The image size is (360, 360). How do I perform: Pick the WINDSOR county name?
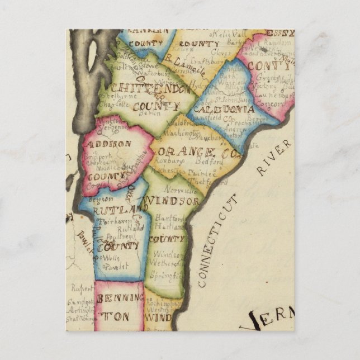pyautogui.click(x=172, y=201)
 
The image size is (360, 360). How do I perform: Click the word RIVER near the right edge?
pyautogui.click(x=274, y=157)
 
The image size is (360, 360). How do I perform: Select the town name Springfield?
pyautogui.click(x=169, y=276)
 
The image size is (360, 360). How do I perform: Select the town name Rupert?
pyautogui.click(x=81, y=289)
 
